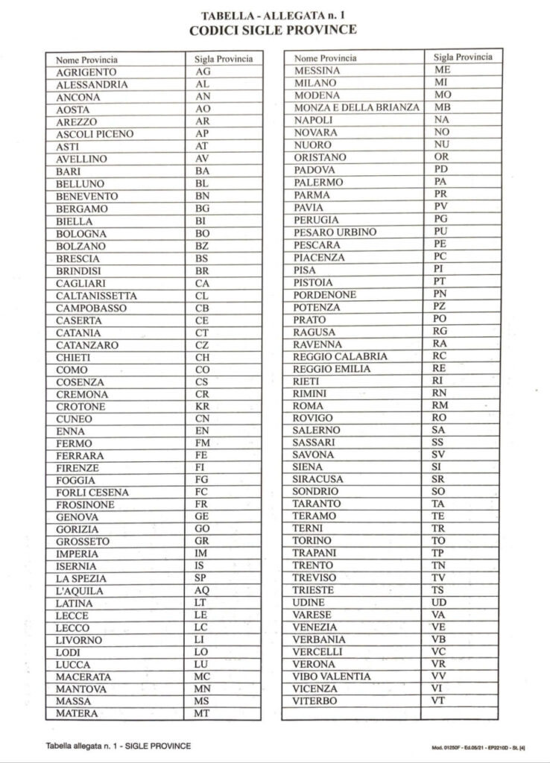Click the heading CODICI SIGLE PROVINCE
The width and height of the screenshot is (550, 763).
pyautogui.click(x=274, y=30)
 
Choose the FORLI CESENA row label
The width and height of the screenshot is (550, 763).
pyautogui.click(x=92, y=493)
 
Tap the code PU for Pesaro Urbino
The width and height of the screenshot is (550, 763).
pyautogui.click(x=440, y=232)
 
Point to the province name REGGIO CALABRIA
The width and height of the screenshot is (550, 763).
pyautogui.click(x=341, y=356)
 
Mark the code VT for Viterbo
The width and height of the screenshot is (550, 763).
pyautogui.click(x=440, y=701)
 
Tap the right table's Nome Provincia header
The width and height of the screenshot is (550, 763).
pyautogui.click(x=326, y=58)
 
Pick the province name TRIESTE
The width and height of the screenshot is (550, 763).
pyautogui.click(x=314, y=590)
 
